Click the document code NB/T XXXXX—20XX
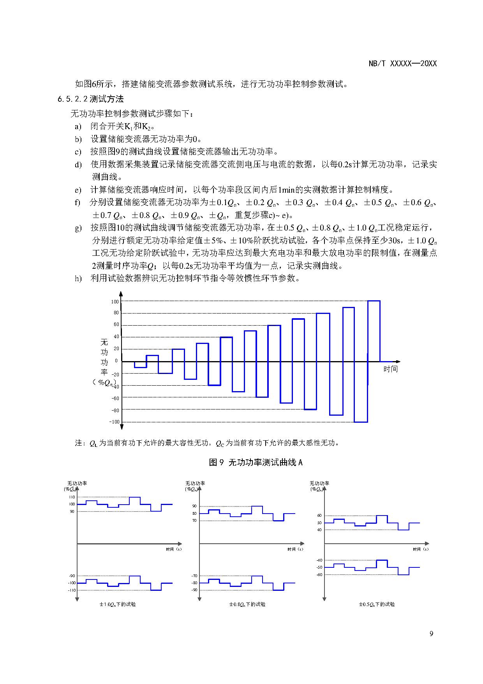pos(402,64)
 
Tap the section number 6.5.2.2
pos(73,99)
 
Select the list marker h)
pos(78,278)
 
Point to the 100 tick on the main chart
pos(115,301)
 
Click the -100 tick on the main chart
pos(114,422)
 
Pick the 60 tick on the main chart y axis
pos(116,324)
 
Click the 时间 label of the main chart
pos(390,369)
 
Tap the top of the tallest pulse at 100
pos(374,301)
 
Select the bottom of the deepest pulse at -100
pos(361,422)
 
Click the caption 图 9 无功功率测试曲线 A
pos(256,462)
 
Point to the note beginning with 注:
pos(207,443)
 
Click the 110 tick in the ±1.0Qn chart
pos(72,497)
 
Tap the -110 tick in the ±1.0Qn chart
pos(72,590)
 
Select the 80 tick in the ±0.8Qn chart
pos(194,514)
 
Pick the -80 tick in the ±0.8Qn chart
pos(194,583)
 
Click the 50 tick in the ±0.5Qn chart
pos(319,523)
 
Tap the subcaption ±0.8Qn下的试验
pos(247,604)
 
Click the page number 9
pos(431,634)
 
